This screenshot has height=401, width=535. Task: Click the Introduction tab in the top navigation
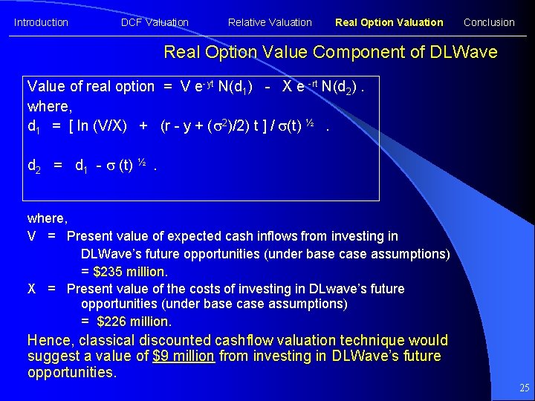click(41, 22)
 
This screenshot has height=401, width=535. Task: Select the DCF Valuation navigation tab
click(155, 22)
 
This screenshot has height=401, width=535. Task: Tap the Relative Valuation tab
click(270, 22)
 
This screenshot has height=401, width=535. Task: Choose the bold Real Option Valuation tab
click(389, 22)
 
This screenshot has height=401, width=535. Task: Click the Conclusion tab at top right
click(489, 22)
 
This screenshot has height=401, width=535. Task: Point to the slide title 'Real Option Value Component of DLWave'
click(330, 52)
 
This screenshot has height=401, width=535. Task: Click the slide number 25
click(525, 388)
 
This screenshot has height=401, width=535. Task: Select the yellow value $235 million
click(130, 271)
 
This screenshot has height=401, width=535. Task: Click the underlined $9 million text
click(184, 356)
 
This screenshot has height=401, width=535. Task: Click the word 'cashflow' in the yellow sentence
click(244, 341)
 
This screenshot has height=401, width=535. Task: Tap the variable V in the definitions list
click(32, 236)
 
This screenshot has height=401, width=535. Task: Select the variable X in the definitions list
click(32, 288)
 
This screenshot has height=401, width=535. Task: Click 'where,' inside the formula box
click(48, 105)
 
